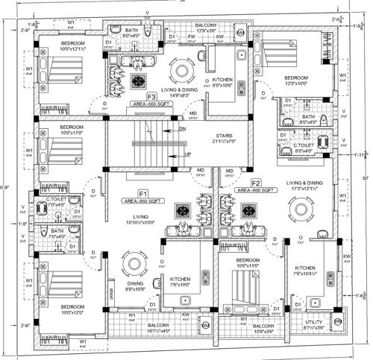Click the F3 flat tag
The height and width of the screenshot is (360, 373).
click(151, 97)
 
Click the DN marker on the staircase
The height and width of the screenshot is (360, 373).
click(183, 128)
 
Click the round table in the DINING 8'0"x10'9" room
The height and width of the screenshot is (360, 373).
click(134, 264)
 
